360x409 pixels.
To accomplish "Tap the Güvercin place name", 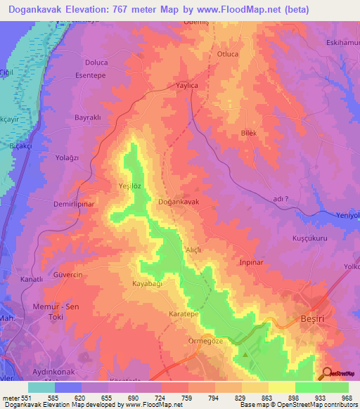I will click(x=69, y=275).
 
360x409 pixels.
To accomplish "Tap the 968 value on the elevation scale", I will click(x=343, y=397).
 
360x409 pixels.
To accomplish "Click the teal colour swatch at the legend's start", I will click(x=41, y=387).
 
